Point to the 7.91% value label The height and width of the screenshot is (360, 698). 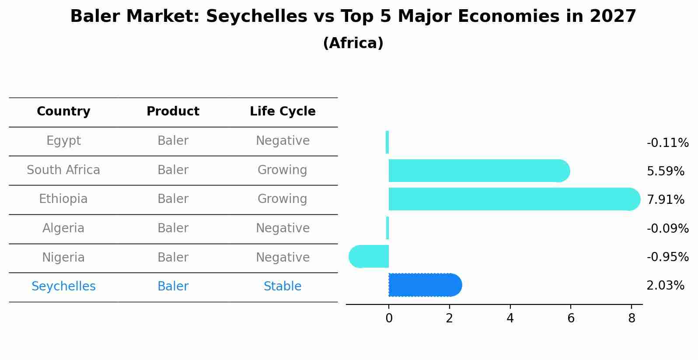pyautogui.click(x=665, y=200)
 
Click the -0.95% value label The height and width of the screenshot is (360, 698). pyautogui.click(x=667, y=257)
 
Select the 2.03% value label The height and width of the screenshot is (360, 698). pyautogui.click(x=665, y=286)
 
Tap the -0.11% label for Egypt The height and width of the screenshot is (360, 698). pyautogui.click(x=667, y=143)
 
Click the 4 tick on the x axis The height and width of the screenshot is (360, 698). pyautogui.click(x=510, y=318)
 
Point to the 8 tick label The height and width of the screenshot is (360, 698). pyautogui.click(x=631, y=318)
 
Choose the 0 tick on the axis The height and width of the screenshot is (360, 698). pyautogui.click(x=389, y=318)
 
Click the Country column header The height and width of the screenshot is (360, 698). pyautogui.click(x=63, y=112)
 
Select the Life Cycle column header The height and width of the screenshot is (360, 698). pyautogui.click(x=283, y=112)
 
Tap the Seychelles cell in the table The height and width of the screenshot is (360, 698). pyautogui.click(x=63, y=287)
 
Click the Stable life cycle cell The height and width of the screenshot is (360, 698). pyautogui.click(x=283, y=287)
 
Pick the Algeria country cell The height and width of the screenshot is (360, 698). pyautogui.click(x=63, y=228)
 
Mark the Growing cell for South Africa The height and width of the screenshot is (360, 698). pyautogui.click(x=283, y=170)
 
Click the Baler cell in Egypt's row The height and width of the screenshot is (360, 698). pyautogui.click(x=173, y=141)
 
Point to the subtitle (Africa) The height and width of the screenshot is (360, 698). pyautogui.click(x=353, y=43)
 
